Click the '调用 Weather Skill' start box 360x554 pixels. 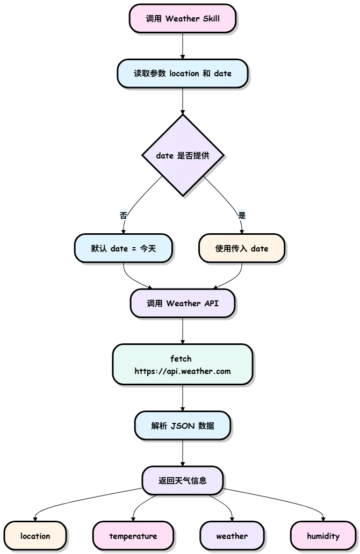tap(182, 18)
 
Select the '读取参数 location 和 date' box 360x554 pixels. tap(182, 74)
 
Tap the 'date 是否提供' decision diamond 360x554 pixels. tap(183, 155)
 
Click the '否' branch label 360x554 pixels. tap(123, 215)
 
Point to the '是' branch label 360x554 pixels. tap(242, 215)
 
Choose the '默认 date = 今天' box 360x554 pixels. tap(123, 248)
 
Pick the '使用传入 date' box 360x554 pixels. tap(242, 248)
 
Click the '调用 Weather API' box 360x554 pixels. tap(182, 304)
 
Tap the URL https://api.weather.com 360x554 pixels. tap(182, 371)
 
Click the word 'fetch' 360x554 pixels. tap(181, 358)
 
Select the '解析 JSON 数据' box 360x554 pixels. tap(182, 426)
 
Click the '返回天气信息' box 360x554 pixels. tap(182, 480)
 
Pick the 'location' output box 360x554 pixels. tap(35, 536)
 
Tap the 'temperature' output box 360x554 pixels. tap(133, 536)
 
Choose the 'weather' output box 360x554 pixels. tap(232, 536)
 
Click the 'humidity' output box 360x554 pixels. tap(323, 536)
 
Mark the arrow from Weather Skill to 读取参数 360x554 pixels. tap(183, 46)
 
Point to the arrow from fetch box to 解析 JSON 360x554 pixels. tap(183, 398)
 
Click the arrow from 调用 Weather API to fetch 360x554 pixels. tap(183, 330)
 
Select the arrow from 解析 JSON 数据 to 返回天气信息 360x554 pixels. tap(183, 454)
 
